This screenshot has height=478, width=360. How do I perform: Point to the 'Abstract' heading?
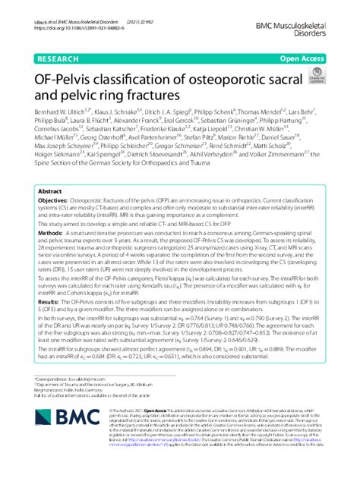pos(51,192)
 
